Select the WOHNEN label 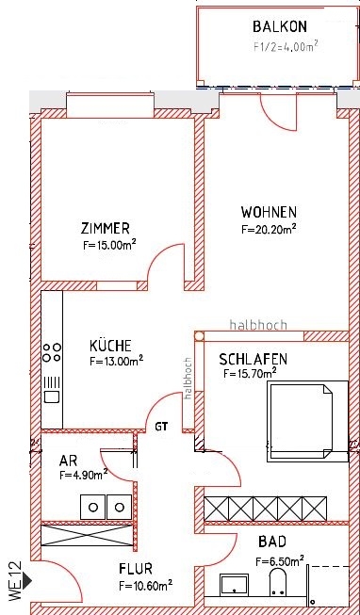pyautogui.click(x=269, y=212)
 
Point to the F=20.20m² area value pyautogui.click(x=270, y=228)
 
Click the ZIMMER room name pyautogui.click(x=105, y=228)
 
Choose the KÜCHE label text pyautogui.click(x=110, y=345)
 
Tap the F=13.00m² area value pyautogui.click(x=116, y=360)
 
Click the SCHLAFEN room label pyautogui.click(x=253, y=360)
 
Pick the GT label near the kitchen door pyautogui.click(x=163, y=426)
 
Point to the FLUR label pyautogui.click(x=136, y=569)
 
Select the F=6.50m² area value pyautogui.click(x=279, y=561)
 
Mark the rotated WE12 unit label pyautogui.click(x=13, y=581)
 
